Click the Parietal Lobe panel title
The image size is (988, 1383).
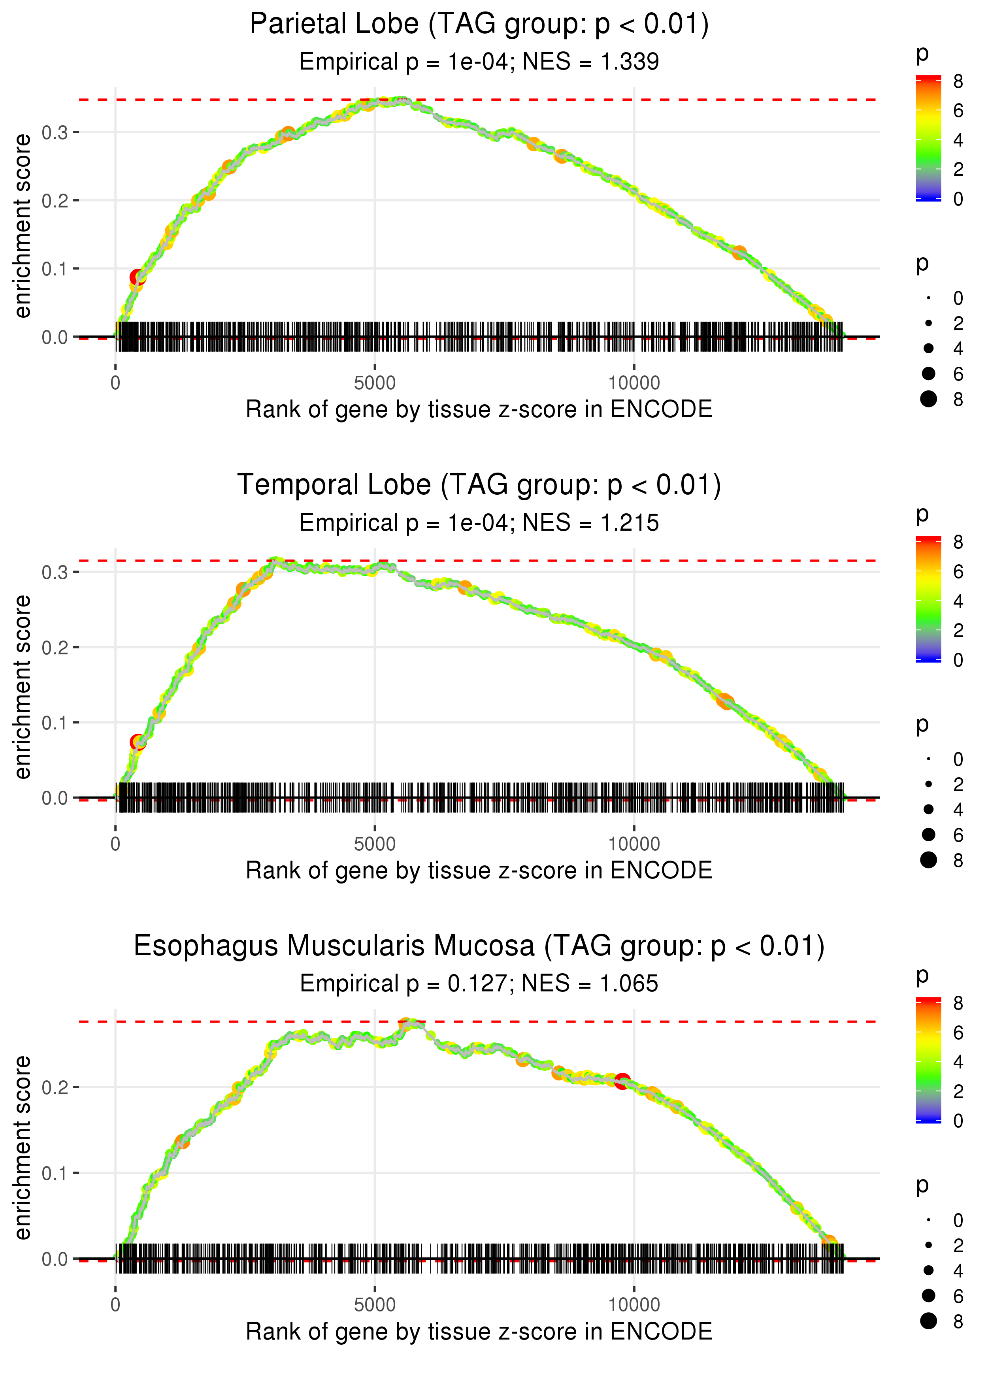tap(479, 24)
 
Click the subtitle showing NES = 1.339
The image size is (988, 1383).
tap(479, 62)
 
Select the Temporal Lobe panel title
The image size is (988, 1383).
tap(479, 485)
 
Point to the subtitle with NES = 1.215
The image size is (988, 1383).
tap(479, 523)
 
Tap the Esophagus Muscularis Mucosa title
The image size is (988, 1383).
tap(479, 946)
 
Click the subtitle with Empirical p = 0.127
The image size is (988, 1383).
tap(479, 984)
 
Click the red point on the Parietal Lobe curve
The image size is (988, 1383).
tap(138, 278)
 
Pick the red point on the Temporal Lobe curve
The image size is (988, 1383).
tap(138, 742)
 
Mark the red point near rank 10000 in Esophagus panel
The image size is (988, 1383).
tap(622, 1081)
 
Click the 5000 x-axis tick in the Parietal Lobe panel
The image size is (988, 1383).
tap(375, 383)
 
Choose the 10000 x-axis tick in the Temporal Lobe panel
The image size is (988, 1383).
tap(634, 844)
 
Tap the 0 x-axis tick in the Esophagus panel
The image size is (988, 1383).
tap(115, 1305)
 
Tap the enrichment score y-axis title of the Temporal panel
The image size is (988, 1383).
tap(23, 687)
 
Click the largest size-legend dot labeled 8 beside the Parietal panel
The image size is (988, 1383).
tap(928, 399)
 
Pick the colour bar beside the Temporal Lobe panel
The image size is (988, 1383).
tap(928, 599)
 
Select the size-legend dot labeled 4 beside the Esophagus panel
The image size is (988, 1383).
tap(928, 1270)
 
